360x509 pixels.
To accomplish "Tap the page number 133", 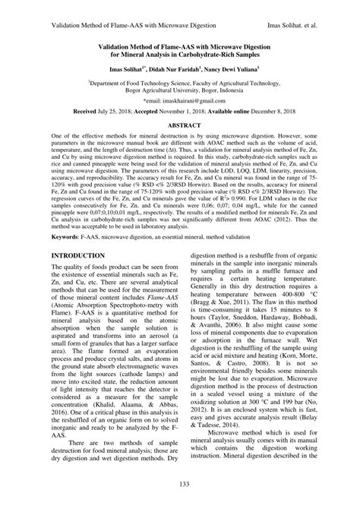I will coord(179,485).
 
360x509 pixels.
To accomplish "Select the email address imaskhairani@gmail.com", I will coord(184,100).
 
